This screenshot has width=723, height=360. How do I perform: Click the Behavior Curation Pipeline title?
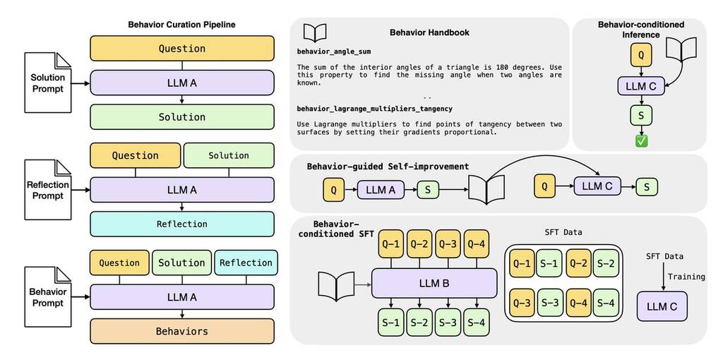coord(181,25)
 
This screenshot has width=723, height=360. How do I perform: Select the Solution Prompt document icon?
coord(48,83)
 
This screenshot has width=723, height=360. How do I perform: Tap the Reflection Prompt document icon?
coord(48,191)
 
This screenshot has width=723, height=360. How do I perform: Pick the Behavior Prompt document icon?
coord(48,297)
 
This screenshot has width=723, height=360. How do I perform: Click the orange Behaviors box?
coord(181,331)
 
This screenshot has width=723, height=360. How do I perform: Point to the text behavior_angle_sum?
coord(334,52)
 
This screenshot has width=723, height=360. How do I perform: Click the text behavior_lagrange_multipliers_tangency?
coord(374,109)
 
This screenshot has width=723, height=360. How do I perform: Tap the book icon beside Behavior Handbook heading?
coord(315,32)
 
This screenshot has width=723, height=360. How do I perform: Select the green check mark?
coord(641,141)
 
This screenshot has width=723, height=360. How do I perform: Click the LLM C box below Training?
coord(662,306)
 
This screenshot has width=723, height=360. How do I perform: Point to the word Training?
coord(686,277)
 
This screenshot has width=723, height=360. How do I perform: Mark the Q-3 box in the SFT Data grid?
coord(522,303)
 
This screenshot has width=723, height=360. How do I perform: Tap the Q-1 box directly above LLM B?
coord(392,244)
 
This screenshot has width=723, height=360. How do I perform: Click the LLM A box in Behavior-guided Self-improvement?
coord(381,189)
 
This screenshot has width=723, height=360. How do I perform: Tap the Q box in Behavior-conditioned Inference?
coord(640,54)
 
